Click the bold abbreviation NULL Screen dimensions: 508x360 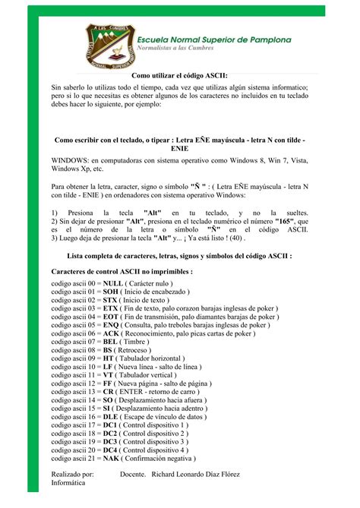click(x=112, y=282)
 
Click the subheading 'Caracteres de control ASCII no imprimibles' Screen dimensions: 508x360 click(x=122, y=270)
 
